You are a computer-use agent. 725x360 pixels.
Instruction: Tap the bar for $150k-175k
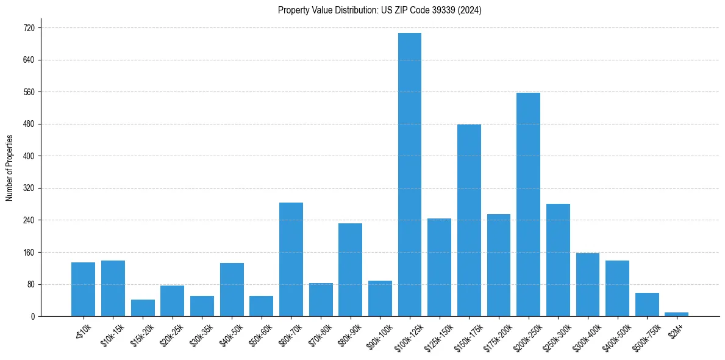point(469,220)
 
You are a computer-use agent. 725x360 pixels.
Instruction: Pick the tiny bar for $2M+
point(676,314)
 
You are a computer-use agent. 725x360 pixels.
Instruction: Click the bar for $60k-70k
point(291,259)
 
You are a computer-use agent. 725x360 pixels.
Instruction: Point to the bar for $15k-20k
point(143,308)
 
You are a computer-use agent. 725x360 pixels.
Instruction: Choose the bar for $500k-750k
point(647,304)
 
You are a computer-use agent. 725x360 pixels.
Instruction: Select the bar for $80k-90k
point(350,270)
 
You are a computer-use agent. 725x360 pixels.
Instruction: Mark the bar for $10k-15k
point(113,288)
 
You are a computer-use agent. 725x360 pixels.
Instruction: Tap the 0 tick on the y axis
point(33,316)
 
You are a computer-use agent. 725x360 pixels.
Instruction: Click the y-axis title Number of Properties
point(9,168)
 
